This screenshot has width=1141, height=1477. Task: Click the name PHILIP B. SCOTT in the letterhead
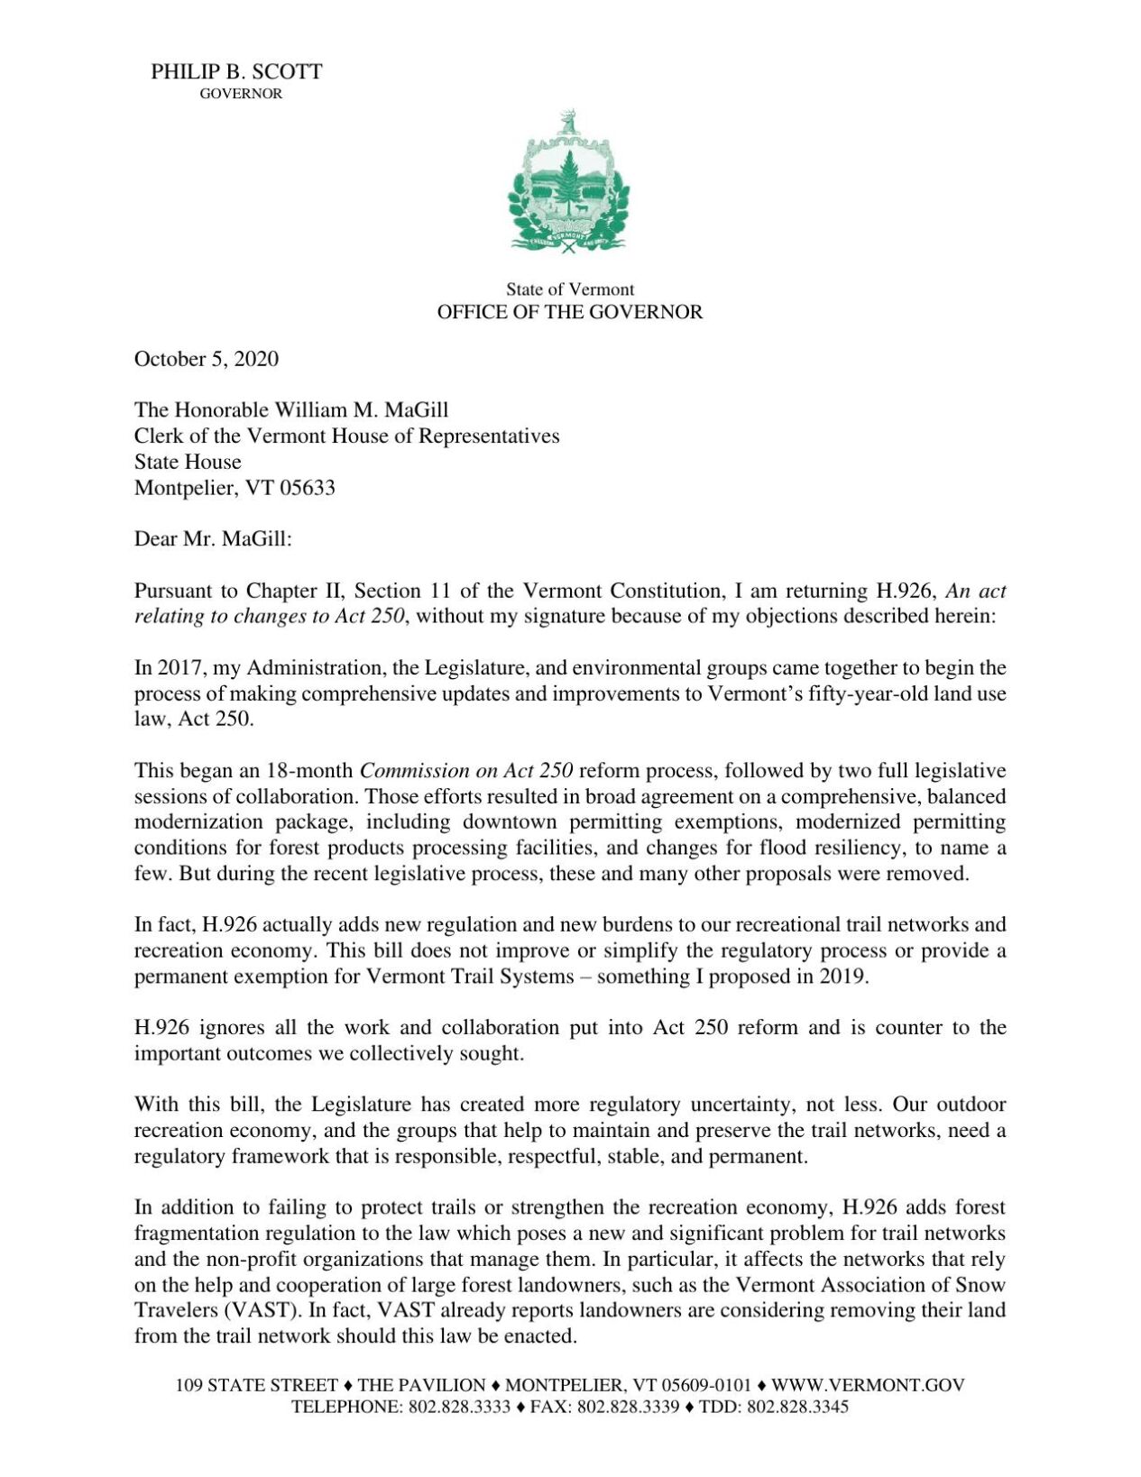tap(236, 72)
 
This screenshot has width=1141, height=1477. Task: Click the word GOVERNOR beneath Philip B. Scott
tap(241, 94)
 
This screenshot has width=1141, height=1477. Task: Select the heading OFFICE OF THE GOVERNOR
tap(569, 312)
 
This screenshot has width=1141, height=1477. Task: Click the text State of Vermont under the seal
tap(569, 289)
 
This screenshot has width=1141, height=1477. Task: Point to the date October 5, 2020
tap(207, 359)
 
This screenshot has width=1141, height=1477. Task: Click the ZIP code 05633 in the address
tap(307, 488)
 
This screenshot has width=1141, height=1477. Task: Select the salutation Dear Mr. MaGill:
tap(214, 539)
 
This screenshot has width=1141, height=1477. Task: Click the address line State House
tap(188, 462)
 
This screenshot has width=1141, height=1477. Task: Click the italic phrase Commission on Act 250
tap(466, 771)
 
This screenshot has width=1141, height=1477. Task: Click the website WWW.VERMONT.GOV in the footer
tap(868, 1385)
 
